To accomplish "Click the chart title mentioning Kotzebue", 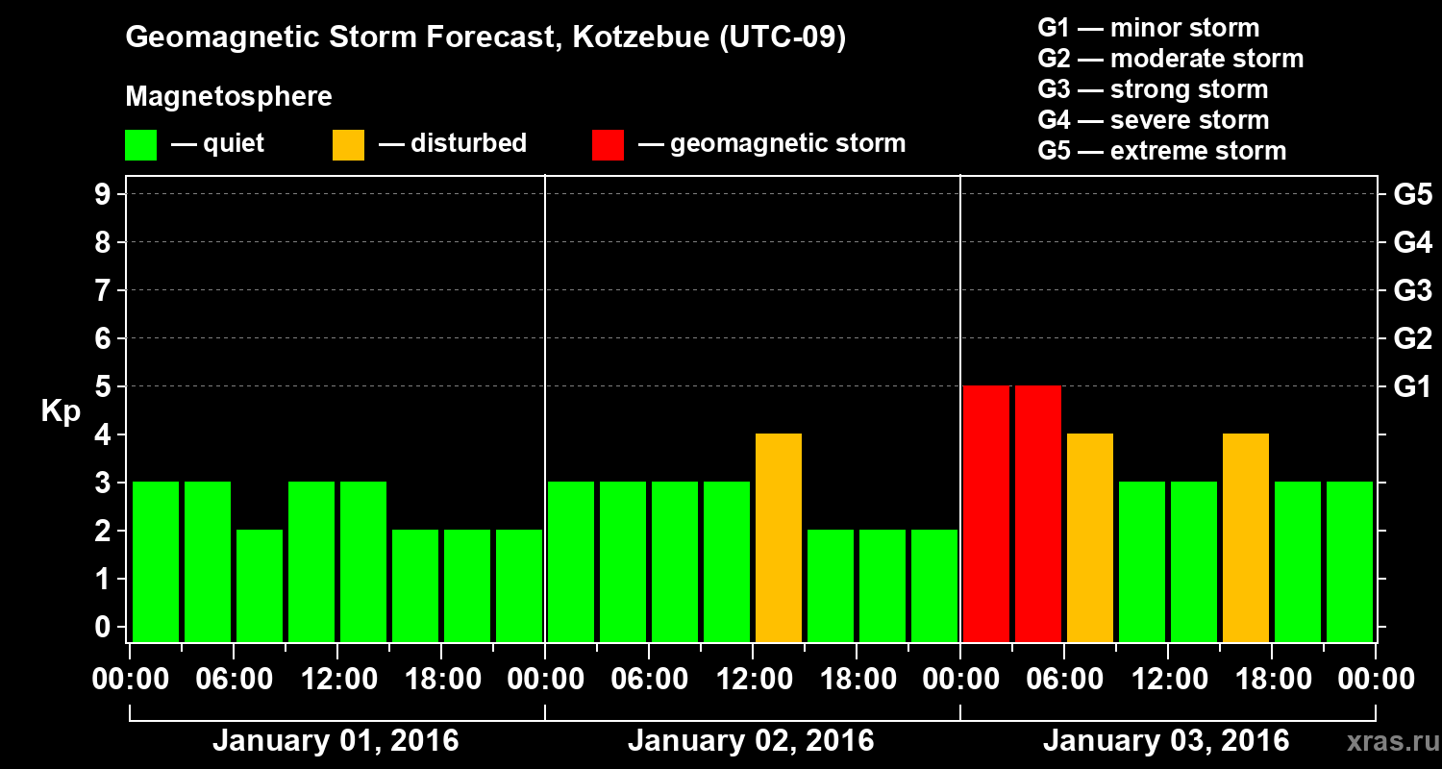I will click(485, 38).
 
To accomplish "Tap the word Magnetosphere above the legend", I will click(229, 97).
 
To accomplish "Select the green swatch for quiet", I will click(140, 144).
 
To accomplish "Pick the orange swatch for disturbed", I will click(348, 144).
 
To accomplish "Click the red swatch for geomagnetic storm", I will click(608, 144).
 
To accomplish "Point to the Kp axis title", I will click(61, 411).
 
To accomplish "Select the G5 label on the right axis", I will click(1412, 195).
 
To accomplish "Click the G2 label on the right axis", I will click(1412, 339).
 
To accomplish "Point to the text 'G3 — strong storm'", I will click(1153, 89).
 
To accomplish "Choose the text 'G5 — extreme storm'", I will click(1161, 151).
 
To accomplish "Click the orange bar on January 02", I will click(779, 538).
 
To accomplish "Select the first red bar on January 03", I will click(986, 514).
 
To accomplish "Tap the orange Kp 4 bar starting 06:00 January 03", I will click(1090, 538).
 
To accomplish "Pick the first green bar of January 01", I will click(156, 562).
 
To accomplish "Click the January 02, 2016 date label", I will click(751, 741).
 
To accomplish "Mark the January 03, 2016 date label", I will click(1166, 741).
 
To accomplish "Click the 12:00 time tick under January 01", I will click(337, 680).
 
